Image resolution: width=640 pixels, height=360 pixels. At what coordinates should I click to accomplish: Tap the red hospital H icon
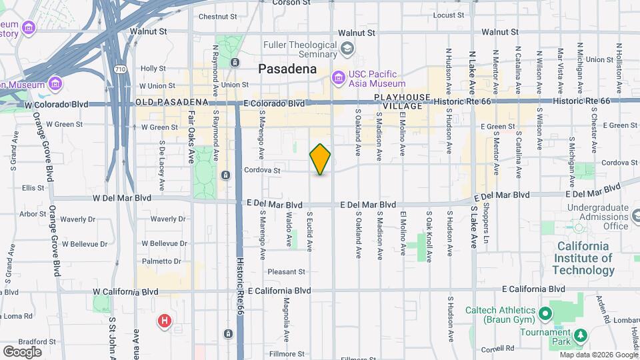click(x=164, y=322)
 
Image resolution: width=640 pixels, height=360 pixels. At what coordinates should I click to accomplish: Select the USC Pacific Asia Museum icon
click(x=339, y=79)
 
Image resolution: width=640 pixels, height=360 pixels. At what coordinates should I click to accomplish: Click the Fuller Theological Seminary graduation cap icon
click(x=347, y=48)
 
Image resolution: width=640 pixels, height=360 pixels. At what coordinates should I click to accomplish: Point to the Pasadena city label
click(x=287, y=69)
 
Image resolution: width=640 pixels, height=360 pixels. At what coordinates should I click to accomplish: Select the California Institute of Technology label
click(x=583, y=258)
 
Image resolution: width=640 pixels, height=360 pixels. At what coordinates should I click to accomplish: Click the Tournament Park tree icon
click(x=580, y=334)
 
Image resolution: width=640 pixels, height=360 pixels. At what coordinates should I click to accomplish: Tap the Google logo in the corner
click(x=22, y=351)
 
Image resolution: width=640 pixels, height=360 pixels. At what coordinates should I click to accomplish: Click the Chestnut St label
click(x=214, y=17)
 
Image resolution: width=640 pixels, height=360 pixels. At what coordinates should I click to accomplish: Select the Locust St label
click(x=448, y=15)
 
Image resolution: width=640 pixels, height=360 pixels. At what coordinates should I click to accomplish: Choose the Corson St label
click(x=291, y=3)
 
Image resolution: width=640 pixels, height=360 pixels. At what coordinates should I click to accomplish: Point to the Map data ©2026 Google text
click(x=598, y=355)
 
